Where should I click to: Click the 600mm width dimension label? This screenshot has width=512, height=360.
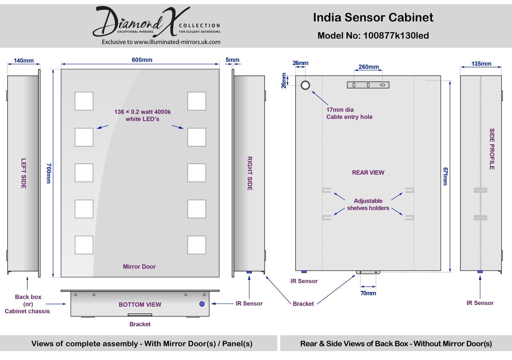click(142, 60)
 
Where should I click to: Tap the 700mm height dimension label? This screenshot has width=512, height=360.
click(48, 173)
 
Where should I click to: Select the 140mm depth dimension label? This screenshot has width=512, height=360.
click(24, 61)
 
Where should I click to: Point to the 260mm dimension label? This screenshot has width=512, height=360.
click(369, 67)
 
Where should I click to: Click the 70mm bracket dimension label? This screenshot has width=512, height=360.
click(368, 293)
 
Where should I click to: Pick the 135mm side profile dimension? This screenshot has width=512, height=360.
click(481, 64)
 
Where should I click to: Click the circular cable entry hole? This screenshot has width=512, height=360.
click(305, 85)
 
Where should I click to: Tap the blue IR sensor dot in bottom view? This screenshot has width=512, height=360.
click(202, 304)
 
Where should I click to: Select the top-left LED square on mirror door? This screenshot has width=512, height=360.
click(84, 101)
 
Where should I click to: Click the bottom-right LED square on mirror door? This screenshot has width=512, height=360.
click(197, 245)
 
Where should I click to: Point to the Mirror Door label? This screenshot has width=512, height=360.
click(139, 267)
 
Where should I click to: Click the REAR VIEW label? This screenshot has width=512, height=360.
click(368, 173)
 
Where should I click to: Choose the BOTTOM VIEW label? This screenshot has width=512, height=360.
click(140, 305)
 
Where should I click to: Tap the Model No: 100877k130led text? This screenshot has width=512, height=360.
click(373, 36)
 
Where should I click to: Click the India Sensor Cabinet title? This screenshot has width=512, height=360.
click(373, 17)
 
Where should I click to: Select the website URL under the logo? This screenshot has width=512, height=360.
click(161, 42)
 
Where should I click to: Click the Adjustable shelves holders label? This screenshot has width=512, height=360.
click(368, 204)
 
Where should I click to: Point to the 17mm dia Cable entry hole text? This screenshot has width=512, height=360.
click(349, 113)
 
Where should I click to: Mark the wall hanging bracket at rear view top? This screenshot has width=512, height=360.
click(368, 85)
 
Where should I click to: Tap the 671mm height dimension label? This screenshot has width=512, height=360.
click(445, 176)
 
